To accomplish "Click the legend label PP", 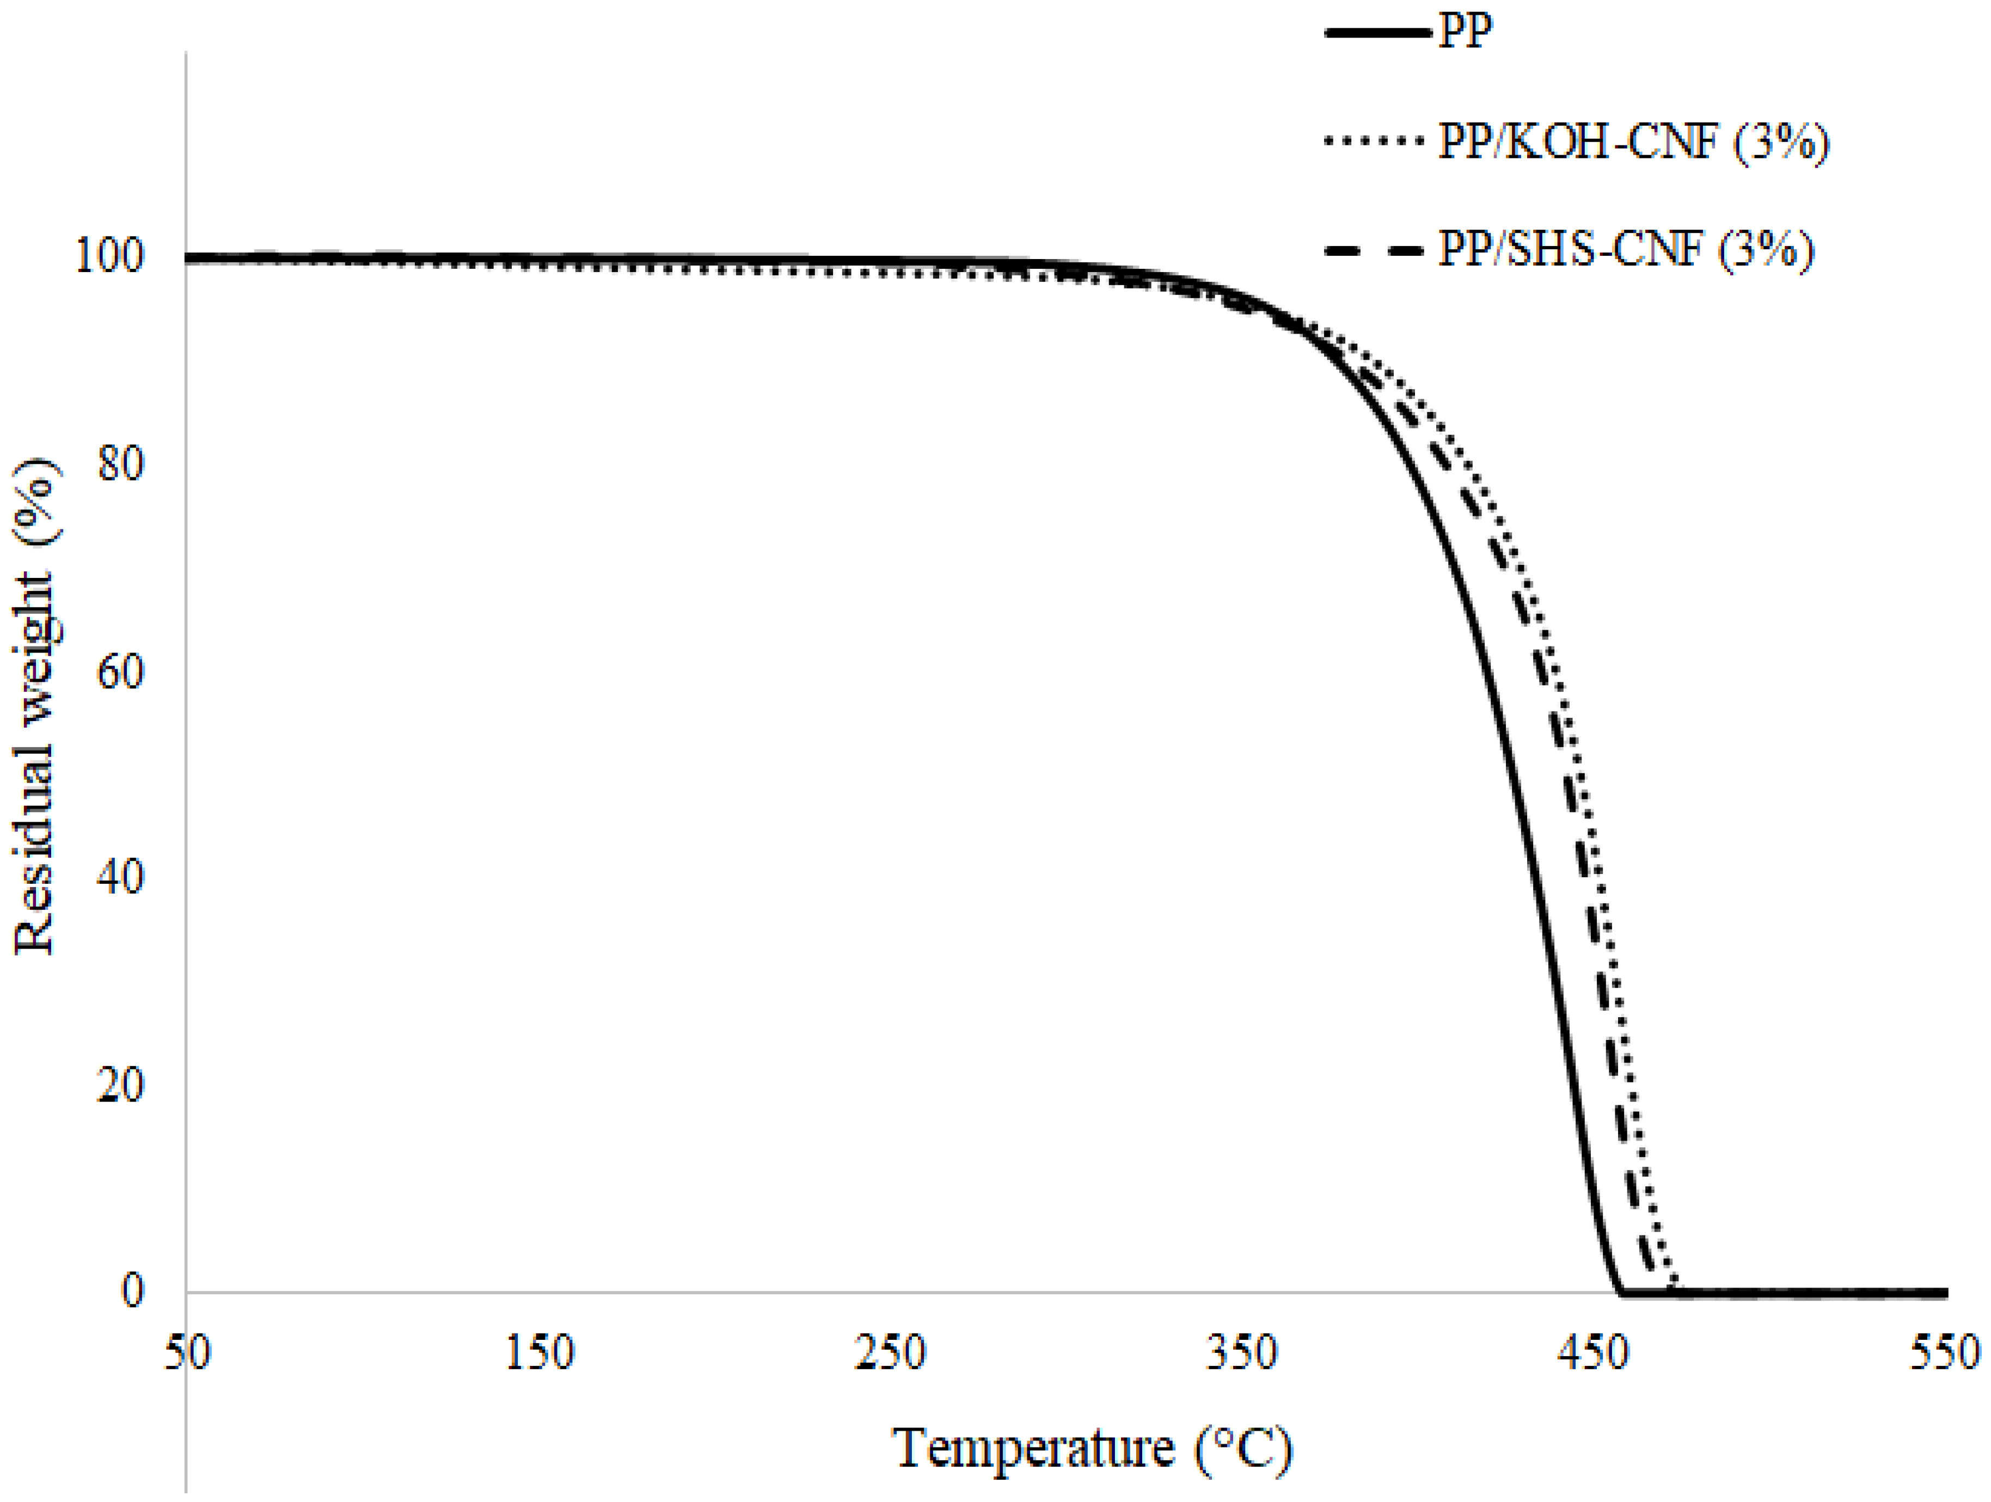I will pyautogui.click(x=1465, y=33).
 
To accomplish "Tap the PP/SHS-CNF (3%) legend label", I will pyautogui.click(x=1626, y=249).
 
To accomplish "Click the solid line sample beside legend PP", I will pyautogui.click(x=1377, y=33).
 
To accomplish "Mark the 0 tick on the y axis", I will pyautogui.click(x=132, y=1291).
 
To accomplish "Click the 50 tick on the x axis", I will pyautogui.click(x=187, y=1352).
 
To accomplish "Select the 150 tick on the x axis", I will pyautogui.click(x=539, y=1352).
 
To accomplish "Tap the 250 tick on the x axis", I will pyautogui.click(x=890, y=1352).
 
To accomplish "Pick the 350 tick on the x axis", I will pyautogui.click(x=1242, y=1352).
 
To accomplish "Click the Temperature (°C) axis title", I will pyautogui.click(x=1092, y=1449).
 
